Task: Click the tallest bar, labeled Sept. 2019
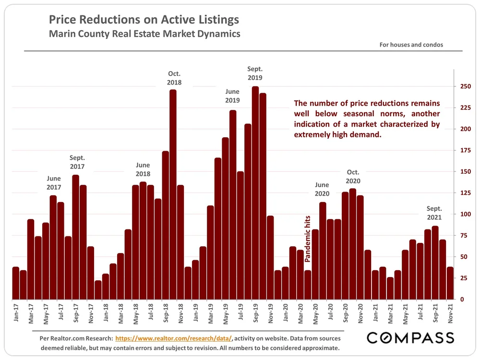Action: point(255,192)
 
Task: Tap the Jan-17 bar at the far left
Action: point(16,283)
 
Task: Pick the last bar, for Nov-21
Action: point(450,283)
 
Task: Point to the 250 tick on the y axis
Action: point(464,86)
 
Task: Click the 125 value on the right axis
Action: point(464,193)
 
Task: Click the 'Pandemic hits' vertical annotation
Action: point(308,238)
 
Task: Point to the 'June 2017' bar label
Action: point(54,183)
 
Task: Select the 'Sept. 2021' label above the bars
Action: point(434,213)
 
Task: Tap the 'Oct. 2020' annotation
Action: point(353,177)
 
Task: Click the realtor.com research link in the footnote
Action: point(174,338)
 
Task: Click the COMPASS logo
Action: point(410,338)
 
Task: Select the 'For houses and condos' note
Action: point(411,45)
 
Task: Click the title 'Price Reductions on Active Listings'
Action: point(144,20)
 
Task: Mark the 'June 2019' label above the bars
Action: point(232,96)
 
